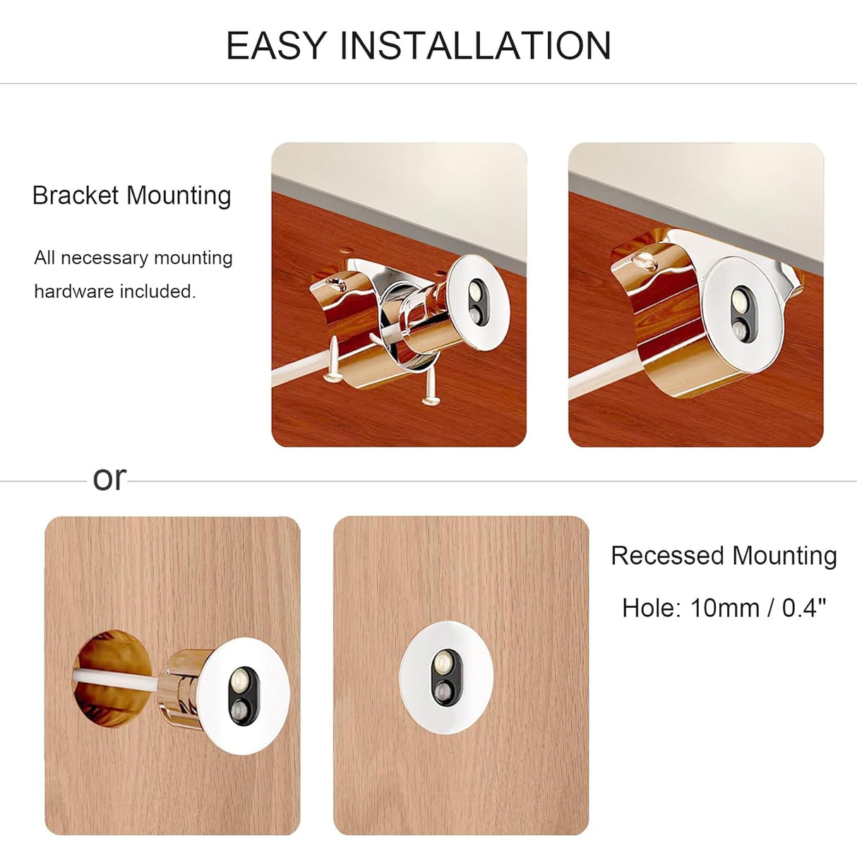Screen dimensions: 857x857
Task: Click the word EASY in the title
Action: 276,46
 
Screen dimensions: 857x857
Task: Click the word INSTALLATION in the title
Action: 475,46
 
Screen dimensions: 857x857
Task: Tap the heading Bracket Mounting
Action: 132,196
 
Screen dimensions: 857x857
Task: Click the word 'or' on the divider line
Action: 109,479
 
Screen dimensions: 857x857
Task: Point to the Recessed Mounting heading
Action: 724,556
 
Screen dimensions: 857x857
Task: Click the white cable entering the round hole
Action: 113,681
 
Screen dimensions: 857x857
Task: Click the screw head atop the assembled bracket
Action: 644,262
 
